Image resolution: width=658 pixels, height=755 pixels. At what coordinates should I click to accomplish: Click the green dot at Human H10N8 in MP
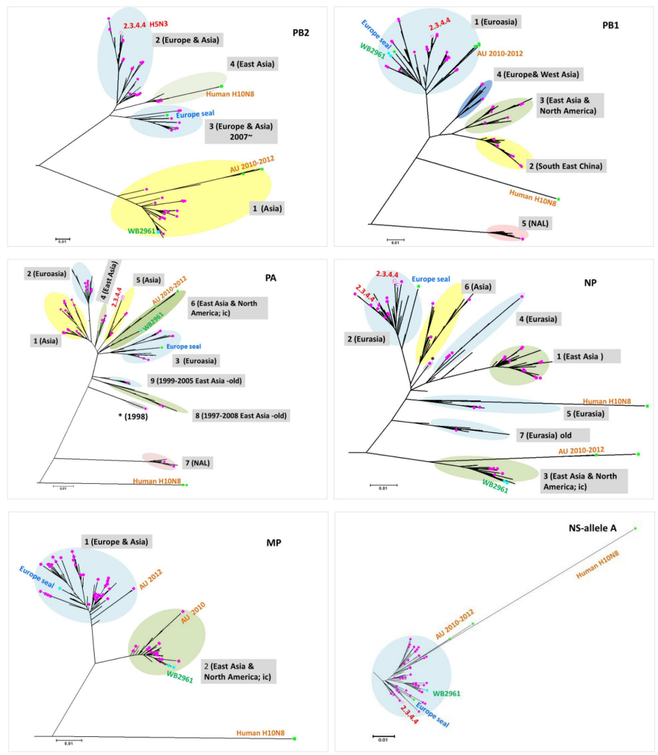(x=295, y=738)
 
